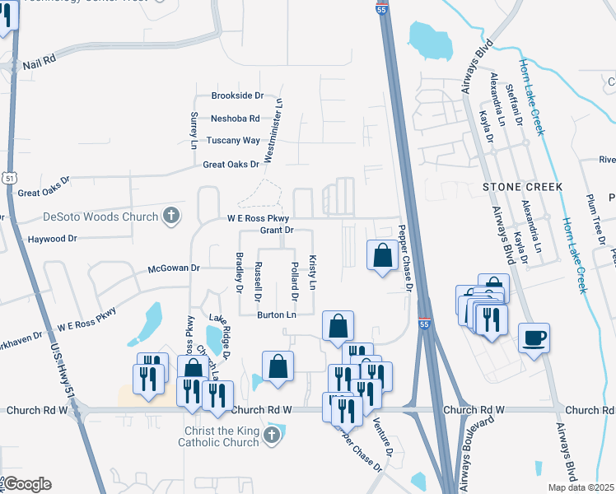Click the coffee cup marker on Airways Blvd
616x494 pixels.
534,337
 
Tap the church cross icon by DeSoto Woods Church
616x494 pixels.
171,217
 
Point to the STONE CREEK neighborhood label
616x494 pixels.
522,187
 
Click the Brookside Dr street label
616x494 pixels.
237,96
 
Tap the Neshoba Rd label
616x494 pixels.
235,119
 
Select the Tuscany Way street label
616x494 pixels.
233,141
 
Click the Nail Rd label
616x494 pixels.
39,62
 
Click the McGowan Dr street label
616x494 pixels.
174,268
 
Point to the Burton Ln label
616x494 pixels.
276,315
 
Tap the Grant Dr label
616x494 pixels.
277,231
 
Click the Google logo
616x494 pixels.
27,484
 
